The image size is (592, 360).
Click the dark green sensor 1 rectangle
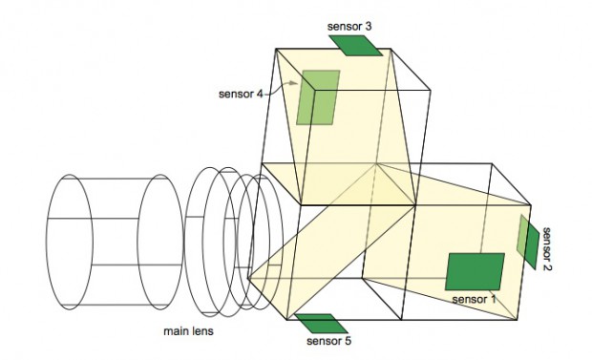pyautogui.click(x=475, y=271)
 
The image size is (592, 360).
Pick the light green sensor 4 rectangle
pyautogui.click(x=318, y=97)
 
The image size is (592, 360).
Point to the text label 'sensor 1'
pyautogui.click(x=475, y=299)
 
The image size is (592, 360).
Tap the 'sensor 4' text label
pyautogui.click(x=240, y=94)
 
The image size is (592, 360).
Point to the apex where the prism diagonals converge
pyautogui.click(x=379, y=164)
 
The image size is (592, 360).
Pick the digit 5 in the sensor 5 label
pyautogui.click(x=349, y=342)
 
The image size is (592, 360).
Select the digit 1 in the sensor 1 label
pyautogui.click(x=495, y=299)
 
